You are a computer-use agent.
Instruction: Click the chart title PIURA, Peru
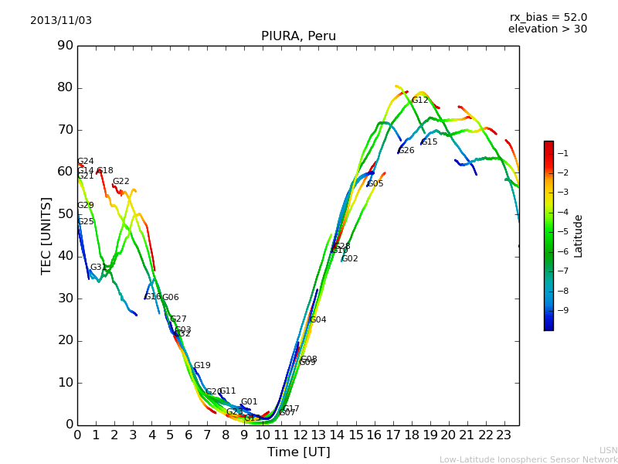tap(298, 36)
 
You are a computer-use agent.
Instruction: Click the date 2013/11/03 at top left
tap(61, 20)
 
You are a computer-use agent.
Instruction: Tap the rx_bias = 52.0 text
tap(548, 17)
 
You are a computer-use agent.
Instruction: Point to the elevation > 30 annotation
tap(547, 29)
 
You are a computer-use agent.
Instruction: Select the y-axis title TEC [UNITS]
tap(46, 235)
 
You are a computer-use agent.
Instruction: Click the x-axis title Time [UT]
tap(298, 452)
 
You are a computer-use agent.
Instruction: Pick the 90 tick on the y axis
tap(66, 46)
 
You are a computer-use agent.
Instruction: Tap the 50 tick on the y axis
tap(66, 214)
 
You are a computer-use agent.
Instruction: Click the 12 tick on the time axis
tap(300, 435)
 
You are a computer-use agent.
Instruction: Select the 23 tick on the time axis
tap(504, 435)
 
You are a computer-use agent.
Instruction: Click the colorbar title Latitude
tap(579, 236)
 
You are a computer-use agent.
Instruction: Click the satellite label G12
tap(419, 101)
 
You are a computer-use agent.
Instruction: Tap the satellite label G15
tap(430, 142)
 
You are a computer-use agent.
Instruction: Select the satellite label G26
tap(406, 151)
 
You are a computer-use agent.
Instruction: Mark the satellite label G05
tap(375, 184)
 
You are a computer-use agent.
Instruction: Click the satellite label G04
tap(317, 320)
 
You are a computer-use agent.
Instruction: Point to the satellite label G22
tap(121, 182)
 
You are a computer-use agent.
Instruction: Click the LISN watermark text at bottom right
tap(608, 450)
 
